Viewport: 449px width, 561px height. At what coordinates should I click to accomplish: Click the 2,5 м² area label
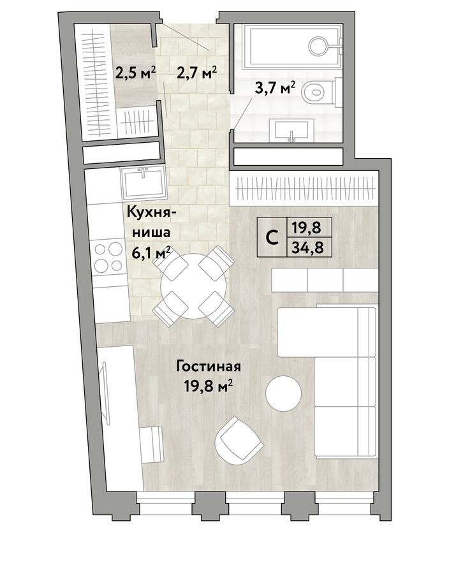coord(135,73)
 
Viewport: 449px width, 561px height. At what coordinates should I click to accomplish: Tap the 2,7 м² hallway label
coord(196,73)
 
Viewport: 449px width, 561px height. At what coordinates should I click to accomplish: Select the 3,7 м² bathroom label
coord(275,87)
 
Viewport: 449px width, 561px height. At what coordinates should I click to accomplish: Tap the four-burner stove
coord(108,258)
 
